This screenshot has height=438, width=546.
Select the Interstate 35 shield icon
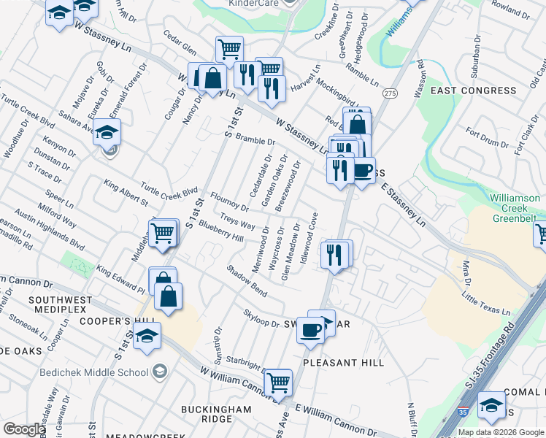click(x=463, y=412)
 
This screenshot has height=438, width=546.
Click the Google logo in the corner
click(x=24, y=429)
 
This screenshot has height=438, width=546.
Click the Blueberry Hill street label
click(x=220, y=231)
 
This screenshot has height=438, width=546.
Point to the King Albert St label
click(x=126, y=192)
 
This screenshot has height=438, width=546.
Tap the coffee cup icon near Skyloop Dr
click(x=310, y=331)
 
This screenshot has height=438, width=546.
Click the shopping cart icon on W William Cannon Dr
click(x=278, y=381)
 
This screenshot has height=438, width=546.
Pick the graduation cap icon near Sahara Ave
click(x=107, y=133)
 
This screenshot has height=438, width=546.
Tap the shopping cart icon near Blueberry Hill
click(x=163, y=233)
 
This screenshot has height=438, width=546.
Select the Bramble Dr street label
click(x=254, y=140)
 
